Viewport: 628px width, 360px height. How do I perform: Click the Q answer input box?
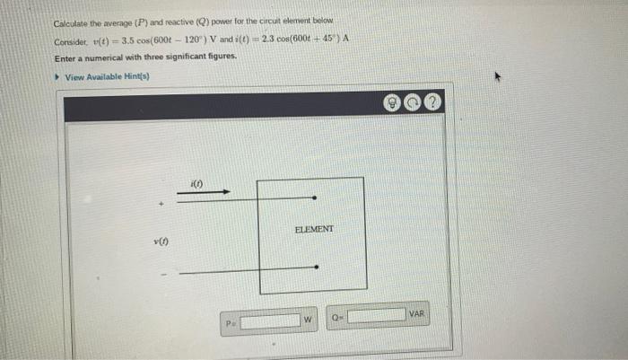pos(376,316)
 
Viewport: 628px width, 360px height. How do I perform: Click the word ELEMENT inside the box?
pos(314,229)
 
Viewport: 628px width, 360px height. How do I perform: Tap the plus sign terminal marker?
pos(161,205)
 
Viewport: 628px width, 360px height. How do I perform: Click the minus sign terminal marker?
pos(162,275)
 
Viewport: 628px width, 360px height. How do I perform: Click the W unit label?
pos(307,319)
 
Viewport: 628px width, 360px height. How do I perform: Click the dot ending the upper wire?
pos(313,198)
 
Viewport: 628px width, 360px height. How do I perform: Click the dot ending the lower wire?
pos(315,268)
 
